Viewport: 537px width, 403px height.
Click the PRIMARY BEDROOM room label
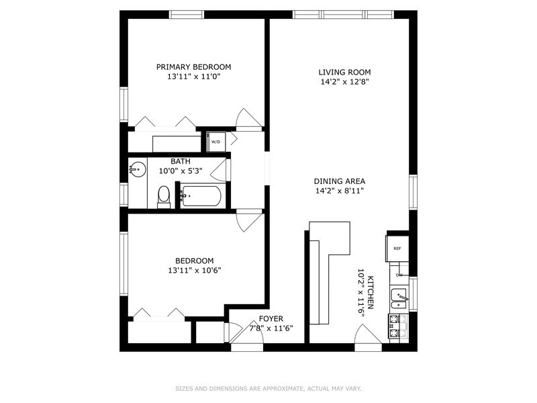[x=193, y=66]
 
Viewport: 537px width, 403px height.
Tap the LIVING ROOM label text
[x=344, y=72]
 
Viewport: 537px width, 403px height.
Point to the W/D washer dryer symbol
[x=215, y=142]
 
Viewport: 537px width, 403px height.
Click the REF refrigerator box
[x=397, y=248]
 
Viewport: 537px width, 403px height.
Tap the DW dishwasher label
[x=399, y=275]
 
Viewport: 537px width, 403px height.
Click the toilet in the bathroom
[x=163, y=196]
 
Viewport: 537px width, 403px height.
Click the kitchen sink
[x=399, y=298]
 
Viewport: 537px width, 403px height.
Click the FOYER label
[x=271, y=318]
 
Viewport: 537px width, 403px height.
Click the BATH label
[x=180, y=161]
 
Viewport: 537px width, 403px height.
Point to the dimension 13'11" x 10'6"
[x=194, y=271]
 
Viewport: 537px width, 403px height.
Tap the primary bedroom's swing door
[x=248, y=119]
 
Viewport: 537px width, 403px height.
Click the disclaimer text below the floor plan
[x=268, y=388]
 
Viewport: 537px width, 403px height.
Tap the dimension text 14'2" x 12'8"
[x=344, y=82]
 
